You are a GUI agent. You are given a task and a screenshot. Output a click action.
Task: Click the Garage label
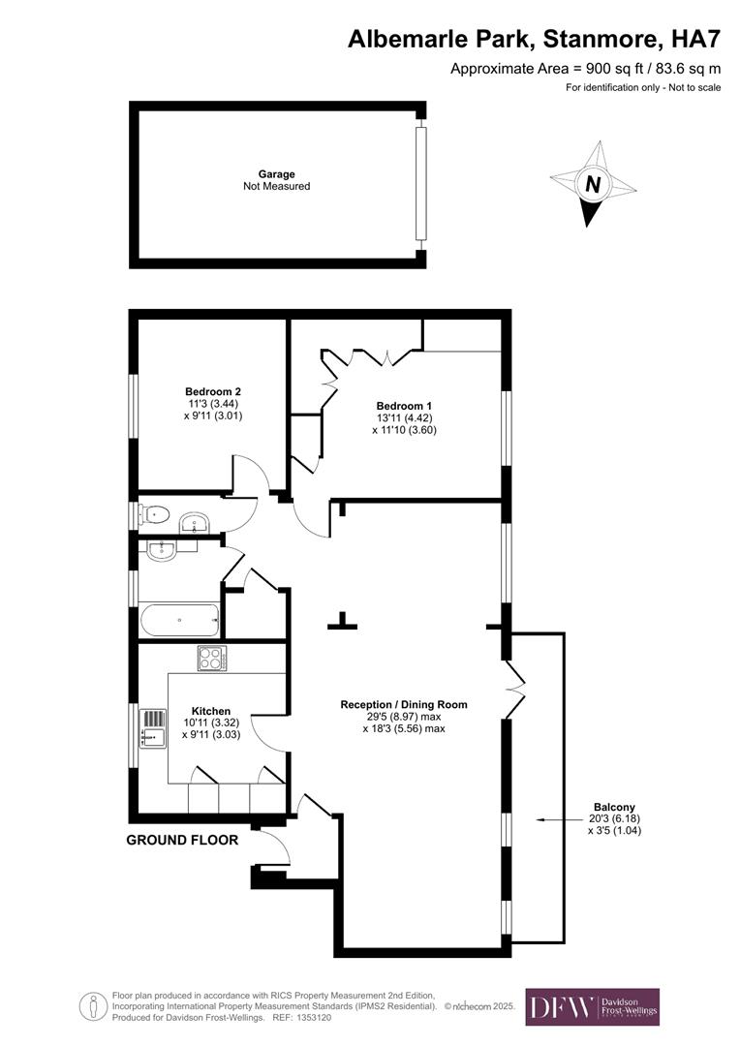pyautogui.click(x=276, y=174)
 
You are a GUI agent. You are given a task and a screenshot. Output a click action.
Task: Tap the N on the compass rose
pyautogui.click(x=593, y=183)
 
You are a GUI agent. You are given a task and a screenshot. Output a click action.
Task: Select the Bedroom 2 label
pyautogui.click(x=213, y=391)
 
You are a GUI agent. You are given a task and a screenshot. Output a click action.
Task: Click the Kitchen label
pyautogui.click(x=211, y=711)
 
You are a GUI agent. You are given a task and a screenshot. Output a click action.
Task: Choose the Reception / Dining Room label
pyautogui.click(x=404, y=704)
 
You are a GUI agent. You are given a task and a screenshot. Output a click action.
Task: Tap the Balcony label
pyautogui.click(x=614, y=807)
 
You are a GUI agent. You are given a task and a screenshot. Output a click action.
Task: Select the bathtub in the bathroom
pyautogui.click(x=179, y=621)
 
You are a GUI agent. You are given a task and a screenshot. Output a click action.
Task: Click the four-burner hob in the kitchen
pyautogui.click(x=212, y=659)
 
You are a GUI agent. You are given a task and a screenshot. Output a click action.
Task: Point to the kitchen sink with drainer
pyautogui.click(x=153, y=727)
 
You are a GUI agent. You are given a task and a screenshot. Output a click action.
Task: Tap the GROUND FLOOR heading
pyautogui.click(x=182, y=840)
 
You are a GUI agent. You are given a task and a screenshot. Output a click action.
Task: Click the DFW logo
pyautogui.click(x=593, y=1006)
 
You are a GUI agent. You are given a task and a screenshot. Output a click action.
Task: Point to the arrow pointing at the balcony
pyautogui.click(x=560, y=819)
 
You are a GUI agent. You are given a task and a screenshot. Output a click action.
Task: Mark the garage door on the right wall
pyautogui.click(x=420, y=183)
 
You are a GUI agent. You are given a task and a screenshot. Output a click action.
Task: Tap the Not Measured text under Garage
pyautogui.click(x=276, y=186)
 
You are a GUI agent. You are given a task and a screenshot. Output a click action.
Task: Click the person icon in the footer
pyautogui.click(x=93, y=1006)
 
